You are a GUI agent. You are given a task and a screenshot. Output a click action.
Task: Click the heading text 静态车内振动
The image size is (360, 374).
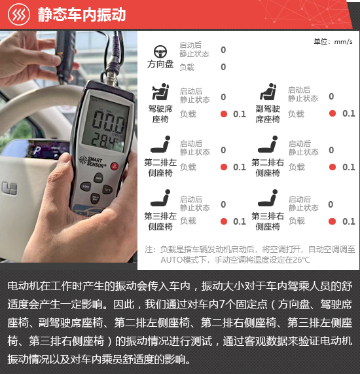tap(82, 14)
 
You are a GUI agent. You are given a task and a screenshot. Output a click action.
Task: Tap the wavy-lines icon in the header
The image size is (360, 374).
tap(19, 14)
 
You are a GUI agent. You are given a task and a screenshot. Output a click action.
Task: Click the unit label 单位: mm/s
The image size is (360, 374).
tap(333, 42)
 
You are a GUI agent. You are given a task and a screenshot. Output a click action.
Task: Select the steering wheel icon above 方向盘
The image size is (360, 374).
tap(160, 52)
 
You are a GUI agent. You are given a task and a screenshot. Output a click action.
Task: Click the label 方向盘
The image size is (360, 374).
tap(160, 64)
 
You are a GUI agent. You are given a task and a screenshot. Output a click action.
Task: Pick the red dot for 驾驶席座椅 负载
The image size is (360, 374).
tap(224, 114)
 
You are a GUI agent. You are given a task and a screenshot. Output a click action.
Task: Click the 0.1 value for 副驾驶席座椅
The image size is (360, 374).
tap(349, 113)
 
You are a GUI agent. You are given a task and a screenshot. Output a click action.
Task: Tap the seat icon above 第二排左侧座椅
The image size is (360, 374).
tap(160, 144)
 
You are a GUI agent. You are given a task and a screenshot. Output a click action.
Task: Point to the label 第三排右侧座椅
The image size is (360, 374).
tap(268, 221)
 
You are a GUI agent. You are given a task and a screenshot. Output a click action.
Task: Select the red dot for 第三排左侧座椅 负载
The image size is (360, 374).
tap(224, 221)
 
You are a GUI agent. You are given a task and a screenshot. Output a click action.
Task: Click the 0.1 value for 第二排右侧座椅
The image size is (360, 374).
tap(349, 167)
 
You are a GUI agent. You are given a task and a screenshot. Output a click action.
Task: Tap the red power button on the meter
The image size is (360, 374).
tap(114, 166)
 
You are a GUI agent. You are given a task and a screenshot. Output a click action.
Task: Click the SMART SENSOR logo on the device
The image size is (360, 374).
tap(92, 162)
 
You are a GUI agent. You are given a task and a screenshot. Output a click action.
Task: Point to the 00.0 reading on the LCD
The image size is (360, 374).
tap(108, 121)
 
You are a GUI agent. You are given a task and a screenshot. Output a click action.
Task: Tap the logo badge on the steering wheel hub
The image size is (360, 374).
tap(10, 188)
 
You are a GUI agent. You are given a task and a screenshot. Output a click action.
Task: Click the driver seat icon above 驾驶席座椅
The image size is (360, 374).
tap(160, 92)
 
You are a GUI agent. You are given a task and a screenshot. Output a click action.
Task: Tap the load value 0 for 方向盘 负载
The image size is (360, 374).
tap(223, 67)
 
